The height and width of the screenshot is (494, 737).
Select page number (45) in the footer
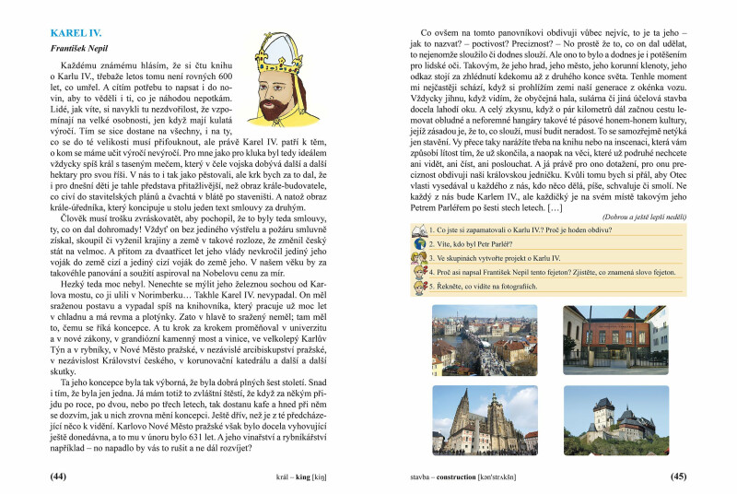[678, 476]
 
